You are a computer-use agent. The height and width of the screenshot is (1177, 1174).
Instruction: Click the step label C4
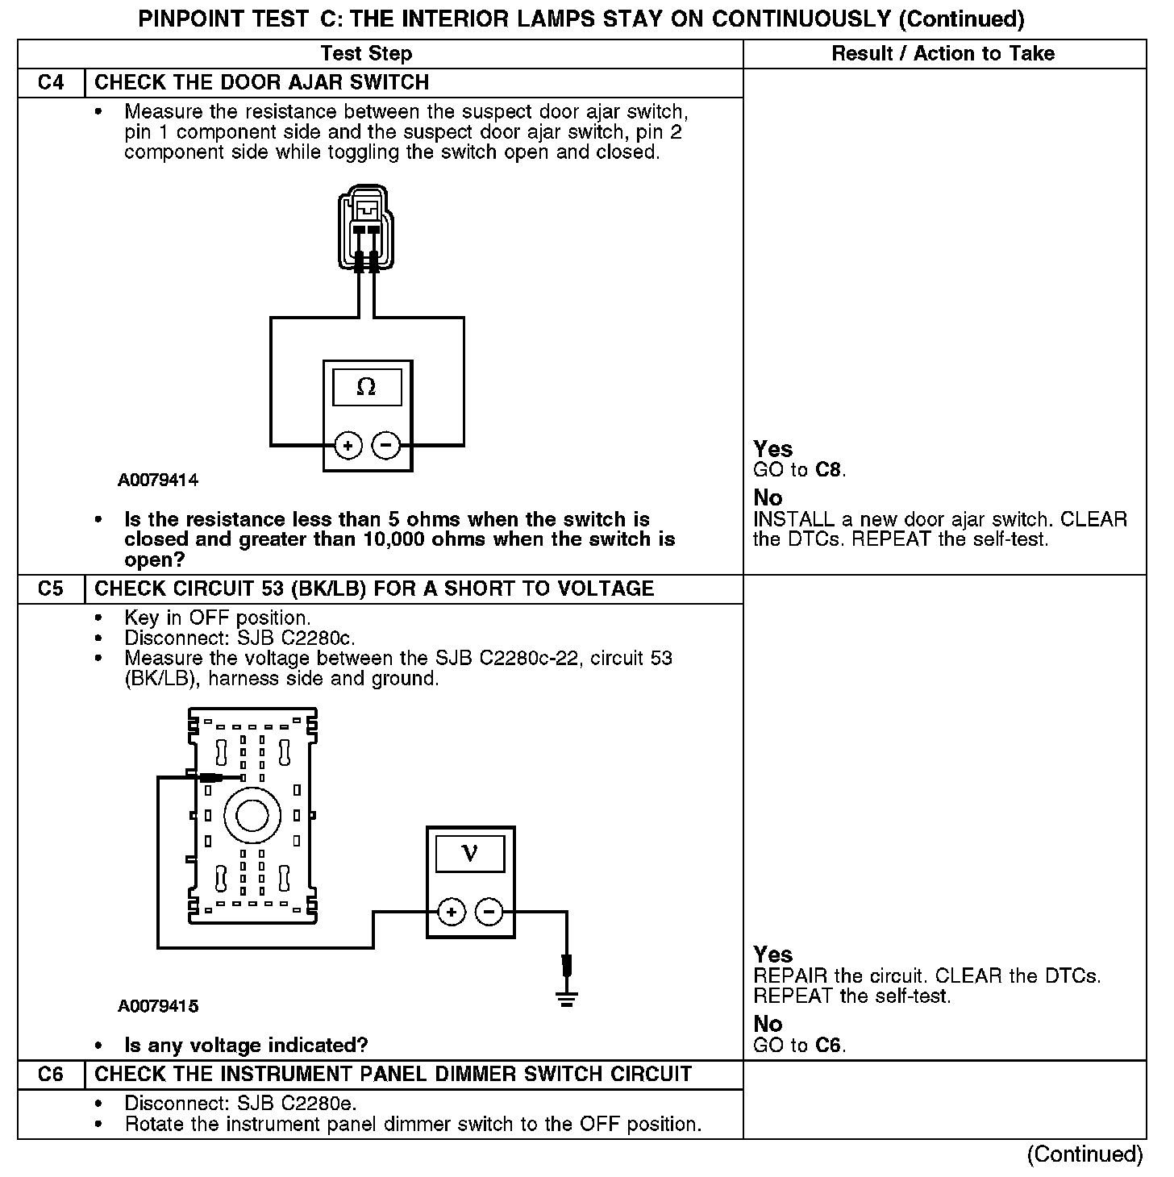tap(50, 83)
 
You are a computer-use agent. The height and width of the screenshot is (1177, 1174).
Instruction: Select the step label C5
tap(50, 589)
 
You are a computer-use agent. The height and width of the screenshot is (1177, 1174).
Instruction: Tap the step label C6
tap(50, 1075)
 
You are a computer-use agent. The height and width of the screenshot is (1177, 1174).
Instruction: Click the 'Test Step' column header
tap(366, 54)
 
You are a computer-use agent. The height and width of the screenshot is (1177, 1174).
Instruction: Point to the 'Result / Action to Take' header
tap(943, 54)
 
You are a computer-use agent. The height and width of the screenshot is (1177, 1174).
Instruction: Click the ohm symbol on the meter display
tap(366, 388)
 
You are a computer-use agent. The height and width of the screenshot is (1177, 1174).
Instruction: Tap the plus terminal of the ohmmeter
tap(348, 445)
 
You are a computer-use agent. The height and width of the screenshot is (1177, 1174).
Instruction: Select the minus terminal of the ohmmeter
tap(386, 445)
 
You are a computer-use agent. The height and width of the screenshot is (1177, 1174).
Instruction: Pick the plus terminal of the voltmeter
tap(452, 913)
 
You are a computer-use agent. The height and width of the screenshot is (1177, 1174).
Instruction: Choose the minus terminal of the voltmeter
tap(489, 913)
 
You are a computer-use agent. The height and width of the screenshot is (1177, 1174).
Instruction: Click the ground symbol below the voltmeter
tap(567, 1000)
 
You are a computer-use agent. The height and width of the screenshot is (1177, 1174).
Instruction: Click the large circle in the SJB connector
tap(252, 816)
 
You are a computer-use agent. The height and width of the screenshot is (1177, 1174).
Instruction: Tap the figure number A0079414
tap(158, 480)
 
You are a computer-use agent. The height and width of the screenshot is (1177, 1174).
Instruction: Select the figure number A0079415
tap(158, 1006)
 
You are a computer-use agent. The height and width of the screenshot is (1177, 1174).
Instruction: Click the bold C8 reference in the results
tap(829, 470)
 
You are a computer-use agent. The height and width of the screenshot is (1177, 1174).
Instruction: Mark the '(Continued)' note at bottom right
tap(1084, 1154)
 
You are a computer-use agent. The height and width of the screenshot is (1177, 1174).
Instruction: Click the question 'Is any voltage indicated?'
tap(246, 1046)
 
